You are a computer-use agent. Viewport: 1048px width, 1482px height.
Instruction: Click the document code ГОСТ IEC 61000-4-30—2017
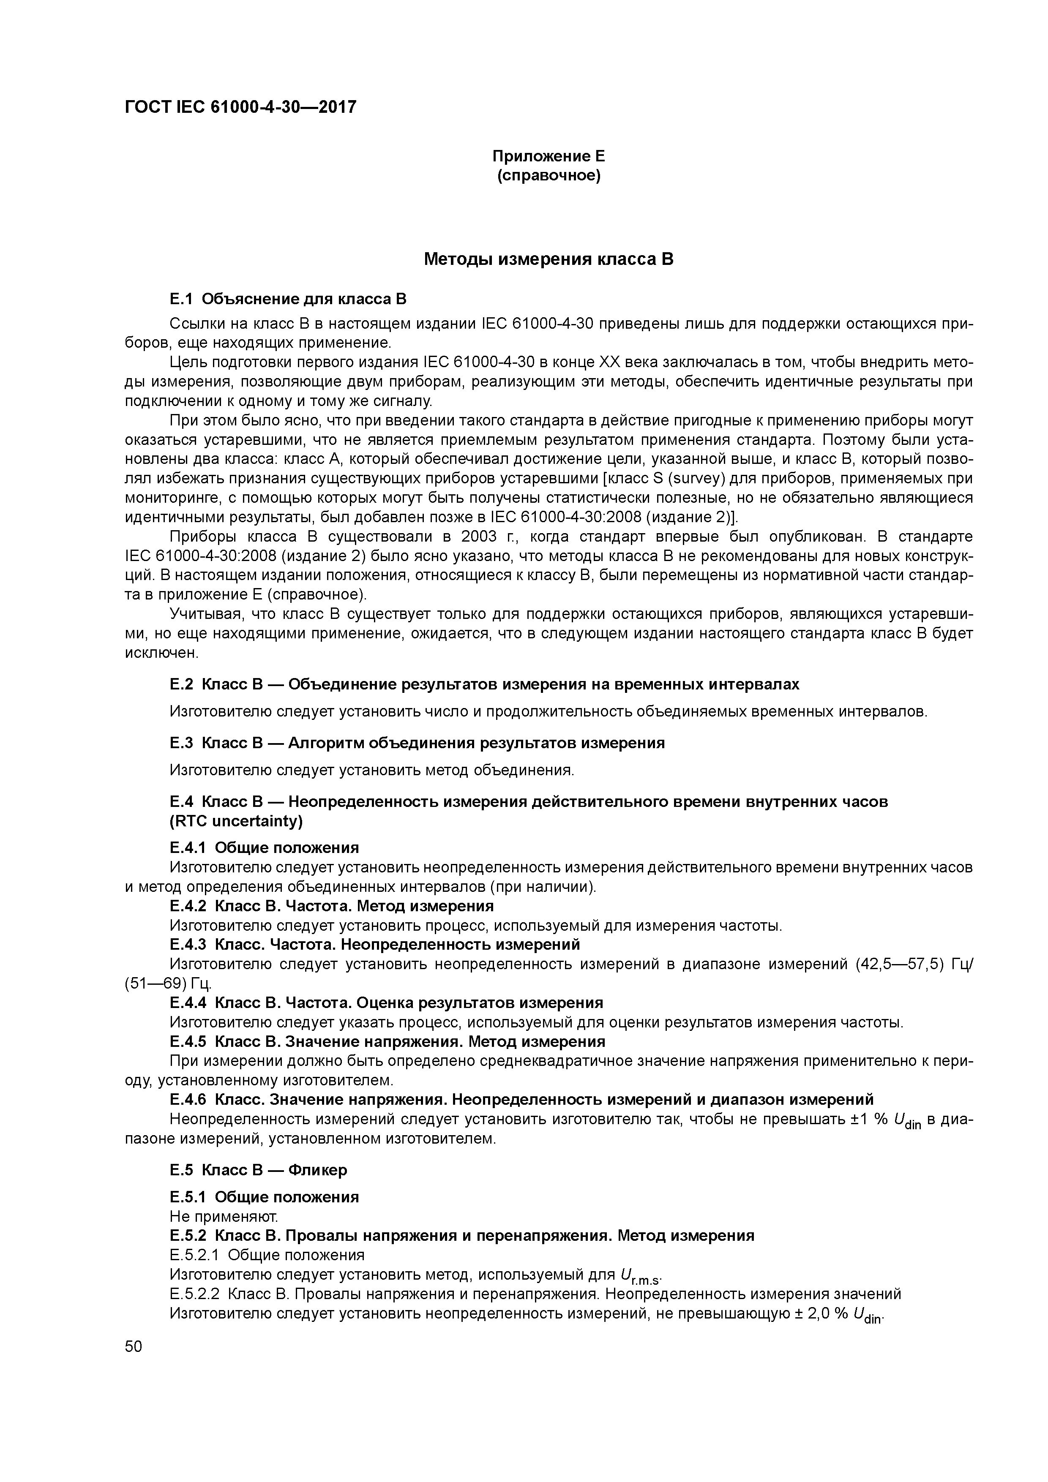pos(240,107)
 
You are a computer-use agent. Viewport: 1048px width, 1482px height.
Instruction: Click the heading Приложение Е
pos(549,156)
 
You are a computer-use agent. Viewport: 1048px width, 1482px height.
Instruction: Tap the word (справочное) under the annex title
pos(549,176)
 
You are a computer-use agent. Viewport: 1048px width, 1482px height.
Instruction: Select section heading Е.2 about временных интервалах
pos(484,684)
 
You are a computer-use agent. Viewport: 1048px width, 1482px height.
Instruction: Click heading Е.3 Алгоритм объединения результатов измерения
pos(417,743)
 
